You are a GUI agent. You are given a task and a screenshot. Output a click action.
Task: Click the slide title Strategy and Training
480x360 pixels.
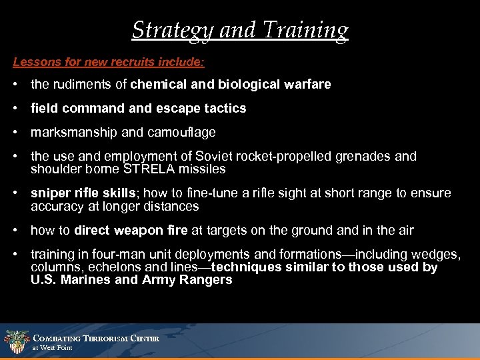(240, 30)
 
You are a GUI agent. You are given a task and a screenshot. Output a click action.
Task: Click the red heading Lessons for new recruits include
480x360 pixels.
(109, 61)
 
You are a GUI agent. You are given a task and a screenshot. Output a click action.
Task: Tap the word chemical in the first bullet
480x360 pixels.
(157, 85)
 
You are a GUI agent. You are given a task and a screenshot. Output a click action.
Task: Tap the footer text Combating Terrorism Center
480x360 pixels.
(96, 339)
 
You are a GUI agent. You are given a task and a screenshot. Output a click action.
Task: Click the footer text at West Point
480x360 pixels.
(52, 348)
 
